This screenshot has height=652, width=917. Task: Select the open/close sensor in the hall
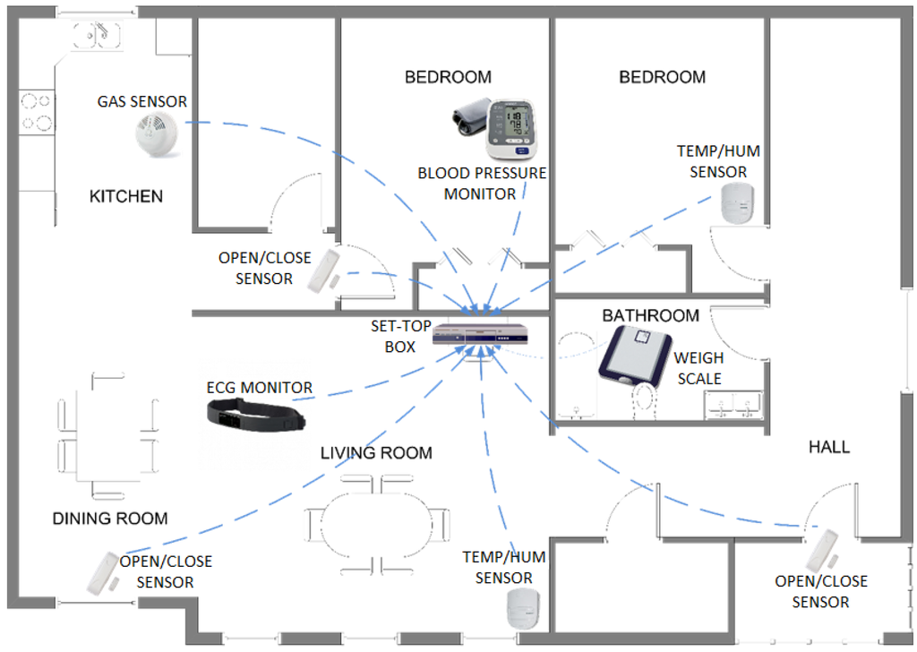[x=821, y=549]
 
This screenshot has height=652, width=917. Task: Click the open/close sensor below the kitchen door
[x=323, y=270]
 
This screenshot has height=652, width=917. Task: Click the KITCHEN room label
[x=126, y=196]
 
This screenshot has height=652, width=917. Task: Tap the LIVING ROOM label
[x=376, y=453]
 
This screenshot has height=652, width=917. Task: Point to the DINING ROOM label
[x=110, y=519]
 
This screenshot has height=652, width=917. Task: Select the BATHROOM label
[x=650, y=315]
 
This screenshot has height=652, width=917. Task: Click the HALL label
[x=828, y=446]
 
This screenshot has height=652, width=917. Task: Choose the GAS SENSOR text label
[x=142, y=101]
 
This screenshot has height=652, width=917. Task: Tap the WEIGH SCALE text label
[x=698, y=368]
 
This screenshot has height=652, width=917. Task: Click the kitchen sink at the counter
[x=98, y=36]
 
